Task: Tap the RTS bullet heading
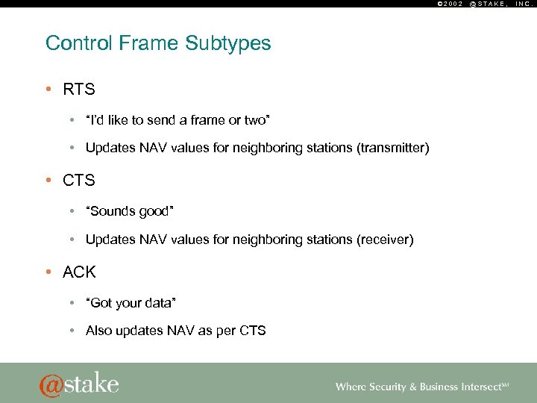(79, 90)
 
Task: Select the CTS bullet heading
(79, 181)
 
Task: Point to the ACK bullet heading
(80, 272)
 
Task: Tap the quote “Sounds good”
(130, 211)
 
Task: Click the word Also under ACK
(99, 331)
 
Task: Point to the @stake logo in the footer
(79, 384)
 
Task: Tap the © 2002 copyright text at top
(448, 4)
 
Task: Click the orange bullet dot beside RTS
(48, 90)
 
